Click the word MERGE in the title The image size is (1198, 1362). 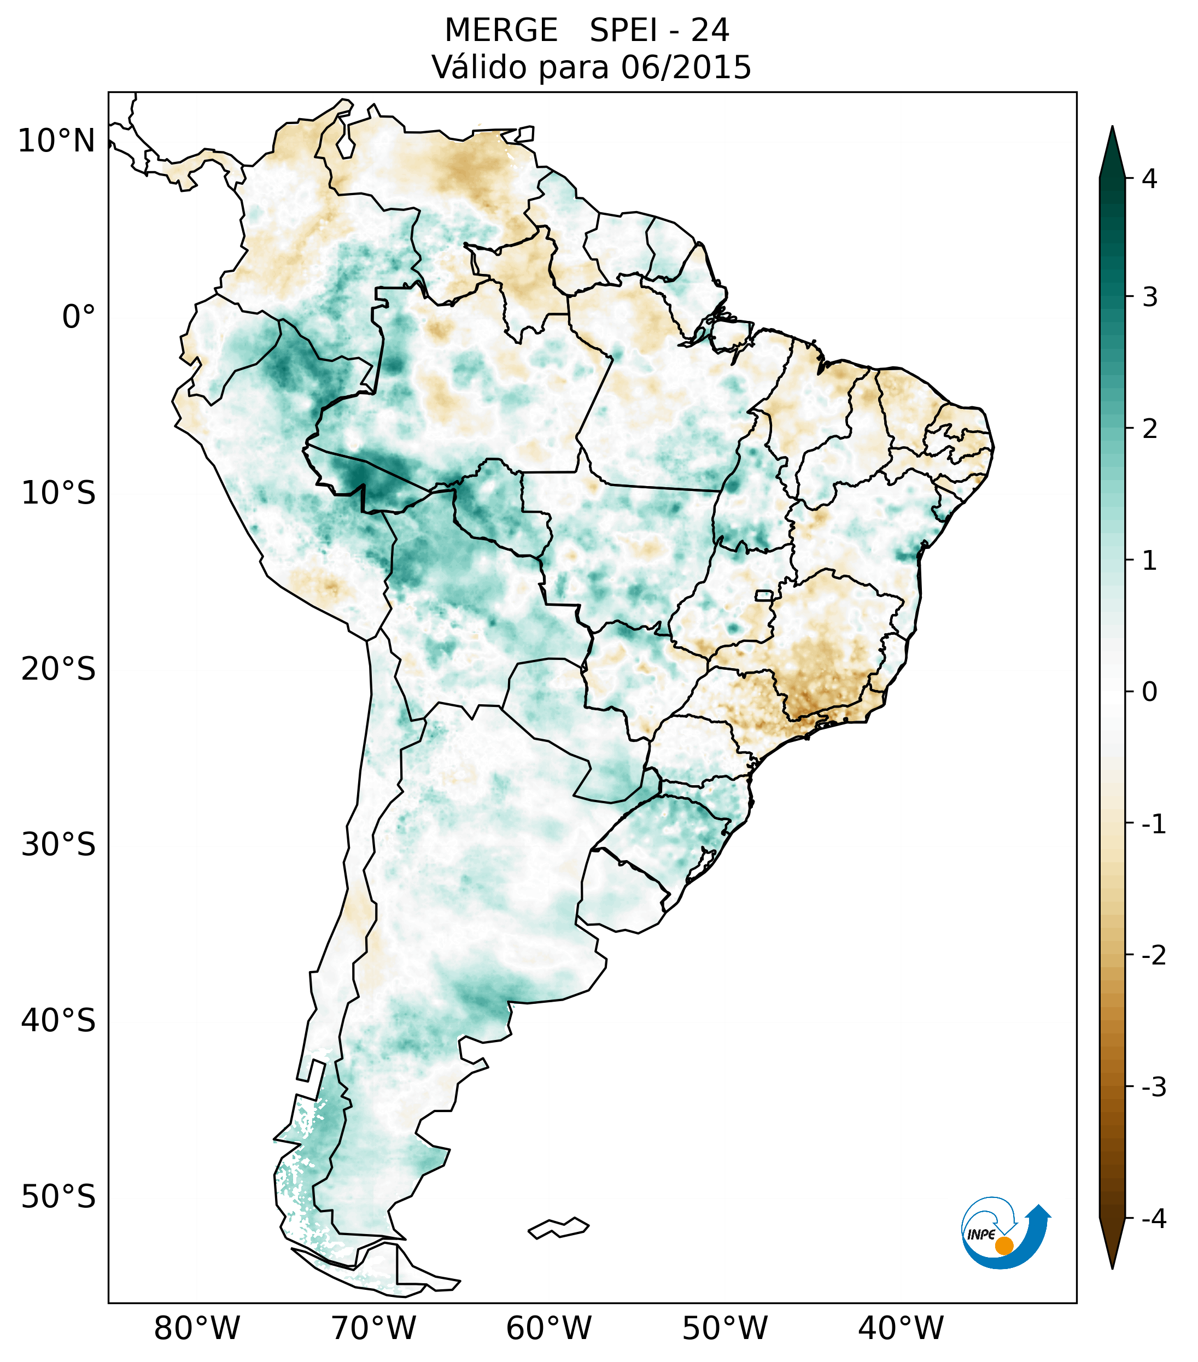[x=500, y=31]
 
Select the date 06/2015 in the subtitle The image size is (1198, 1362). [x=686, y=67]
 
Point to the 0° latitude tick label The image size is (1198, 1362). [x=78, y=317]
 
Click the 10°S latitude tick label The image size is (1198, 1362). [x=59, y=493]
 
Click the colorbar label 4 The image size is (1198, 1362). [x=1149, y=179]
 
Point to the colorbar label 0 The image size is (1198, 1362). [x=1149, y=692]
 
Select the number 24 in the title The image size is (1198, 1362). [x=710, y=31]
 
